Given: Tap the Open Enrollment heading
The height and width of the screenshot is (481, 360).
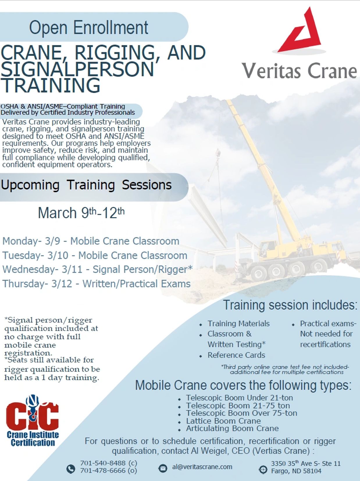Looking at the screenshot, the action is tap(89, 28).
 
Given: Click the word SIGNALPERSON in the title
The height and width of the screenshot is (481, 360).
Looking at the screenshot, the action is tap(77, 69).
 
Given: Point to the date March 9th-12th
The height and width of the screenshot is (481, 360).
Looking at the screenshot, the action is tap(81, 212).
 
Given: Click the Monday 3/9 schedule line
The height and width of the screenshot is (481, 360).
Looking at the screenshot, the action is tap(91, 241).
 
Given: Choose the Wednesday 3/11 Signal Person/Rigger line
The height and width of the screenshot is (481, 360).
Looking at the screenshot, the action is tap(97, 269).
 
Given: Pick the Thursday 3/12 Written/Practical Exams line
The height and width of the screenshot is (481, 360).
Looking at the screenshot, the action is tap(96, 283).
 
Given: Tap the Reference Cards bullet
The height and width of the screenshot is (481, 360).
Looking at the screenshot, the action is tap(236, 355).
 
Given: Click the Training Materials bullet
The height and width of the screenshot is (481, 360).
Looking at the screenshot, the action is tap(238, 324).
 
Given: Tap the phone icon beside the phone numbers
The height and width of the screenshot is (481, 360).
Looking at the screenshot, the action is tap(71, 469).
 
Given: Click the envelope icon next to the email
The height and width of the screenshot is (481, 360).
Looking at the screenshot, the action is tap(163, 468).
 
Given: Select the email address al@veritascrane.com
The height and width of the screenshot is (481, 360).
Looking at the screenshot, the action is tap(202, 467).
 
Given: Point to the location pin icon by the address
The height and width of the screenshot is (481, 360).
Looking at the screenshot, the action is tap(263, 470).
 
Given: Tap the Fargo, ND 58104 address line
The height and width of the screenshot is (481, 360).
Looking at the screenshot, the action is tap(296, 471).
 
